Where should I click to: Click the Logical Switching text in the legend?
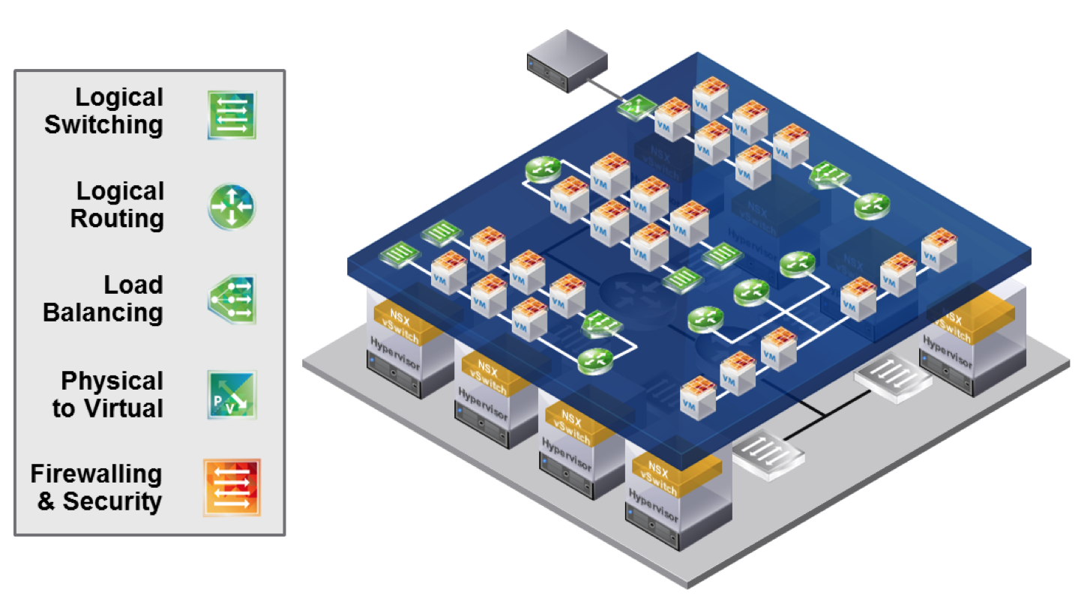103,111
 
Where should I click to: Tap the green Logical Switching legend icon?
232,115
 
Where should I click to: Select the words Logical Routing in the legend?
117,205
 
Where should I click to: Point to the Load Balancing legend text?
103,299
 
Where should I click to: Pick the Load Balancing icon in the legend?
232,299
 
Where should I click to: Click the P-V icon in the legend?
232,394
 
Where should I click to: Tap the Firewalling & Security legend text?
97,488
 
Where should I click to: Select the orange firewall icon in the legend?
232,488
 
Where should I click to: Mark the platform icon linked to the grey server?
637,109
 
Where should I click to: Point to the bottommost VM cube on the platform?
696,396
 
